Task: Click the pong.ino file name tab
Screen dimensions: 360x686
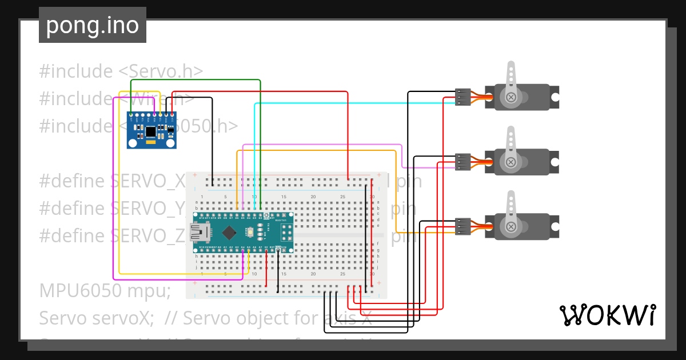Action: coord(92,25)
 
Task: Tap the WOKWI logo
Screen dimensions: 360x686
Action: coord(607,315)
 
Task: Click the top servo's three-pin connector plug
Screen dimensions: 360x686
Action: coord(462,97)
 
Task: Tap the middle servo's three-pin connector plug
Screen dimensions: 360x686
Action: coord(462,162)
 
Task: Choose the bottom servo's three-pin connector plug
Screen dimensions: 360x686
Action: coord(462,226)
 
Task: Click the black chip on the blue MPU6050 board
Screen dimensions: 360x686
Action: coord(150,132)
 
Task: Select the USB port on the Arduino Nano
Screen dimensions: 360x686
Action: coord(201,233)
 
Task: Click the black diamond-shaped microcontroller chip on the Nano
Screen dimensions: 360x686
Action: coord(230,233)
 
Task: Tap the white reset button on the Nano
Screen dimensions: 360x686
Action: coord(250,233)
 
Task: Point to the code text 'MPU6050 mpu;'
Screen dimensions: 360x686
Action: coord(105,291)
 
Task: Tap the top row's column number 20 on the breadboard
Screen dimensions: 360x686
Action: coord(313,197)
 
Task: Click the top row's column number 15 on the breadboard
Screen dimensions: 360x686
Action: coord(284,197)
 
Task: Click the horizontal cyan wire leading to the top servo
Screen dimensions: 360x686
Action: coord(354,103)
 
